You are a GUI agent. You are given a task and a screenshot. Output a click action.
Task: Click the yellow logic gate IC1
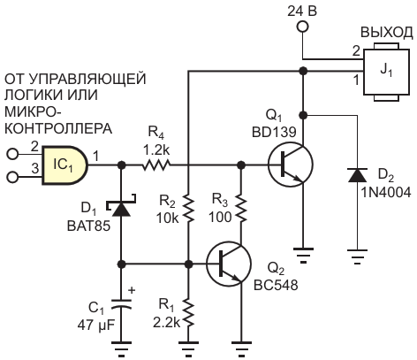click(64, 165)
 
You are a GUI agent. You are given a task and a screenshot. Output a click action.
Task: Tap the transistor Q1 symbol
click(290, 165)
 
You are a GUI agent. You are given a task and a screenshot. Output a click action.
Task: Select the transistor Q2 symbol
click(228, 264)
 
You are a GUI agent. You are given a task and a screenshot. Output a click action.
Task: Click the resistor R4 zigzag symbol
click(156, 165)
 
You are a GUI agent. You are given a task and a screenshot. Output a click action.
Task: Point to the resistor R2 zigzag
click(188, 209)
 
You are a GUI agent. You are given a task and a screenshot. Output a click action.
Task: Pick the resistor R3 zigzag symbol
click(241, 209)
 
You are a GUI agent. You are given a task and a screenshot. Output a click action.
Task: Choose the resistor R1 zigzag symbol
click(188, 312)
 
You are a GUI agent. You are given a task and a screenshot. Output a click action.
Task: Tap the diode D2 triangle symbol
click(358, 175)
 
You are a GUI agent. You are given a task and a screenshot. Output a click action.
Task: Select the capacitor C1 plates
click(121, 304)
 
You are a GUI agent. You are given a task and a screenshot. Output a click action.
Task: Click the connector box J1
click(386, 73)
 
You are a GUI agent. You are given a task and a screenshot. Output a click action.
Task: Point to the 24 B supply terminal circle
click(303, 27)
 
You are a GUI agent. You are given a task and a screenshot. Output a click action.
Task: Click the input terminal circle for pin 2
click(12, 154)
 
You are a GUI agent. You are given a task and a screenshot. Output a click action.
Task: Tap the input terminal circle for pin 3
click(12, 177)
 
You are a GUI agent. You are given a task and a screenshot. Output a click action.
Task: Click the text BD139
click(274, 133)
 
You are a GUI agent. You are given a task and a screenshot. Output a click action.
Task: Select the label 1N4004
click(386, 193)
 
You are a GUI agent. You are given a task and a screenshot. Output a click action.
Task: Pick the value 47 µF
click(96, 326)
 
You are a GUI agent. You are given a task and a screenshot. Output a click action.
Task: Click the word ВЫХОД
click(387, 33)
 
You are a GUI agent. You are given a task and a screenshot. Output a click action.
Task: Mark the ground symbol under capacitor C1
click(121, 348)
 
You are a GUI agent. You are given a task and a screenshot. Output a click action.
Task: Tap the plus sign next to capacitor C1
click(132, 290)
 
